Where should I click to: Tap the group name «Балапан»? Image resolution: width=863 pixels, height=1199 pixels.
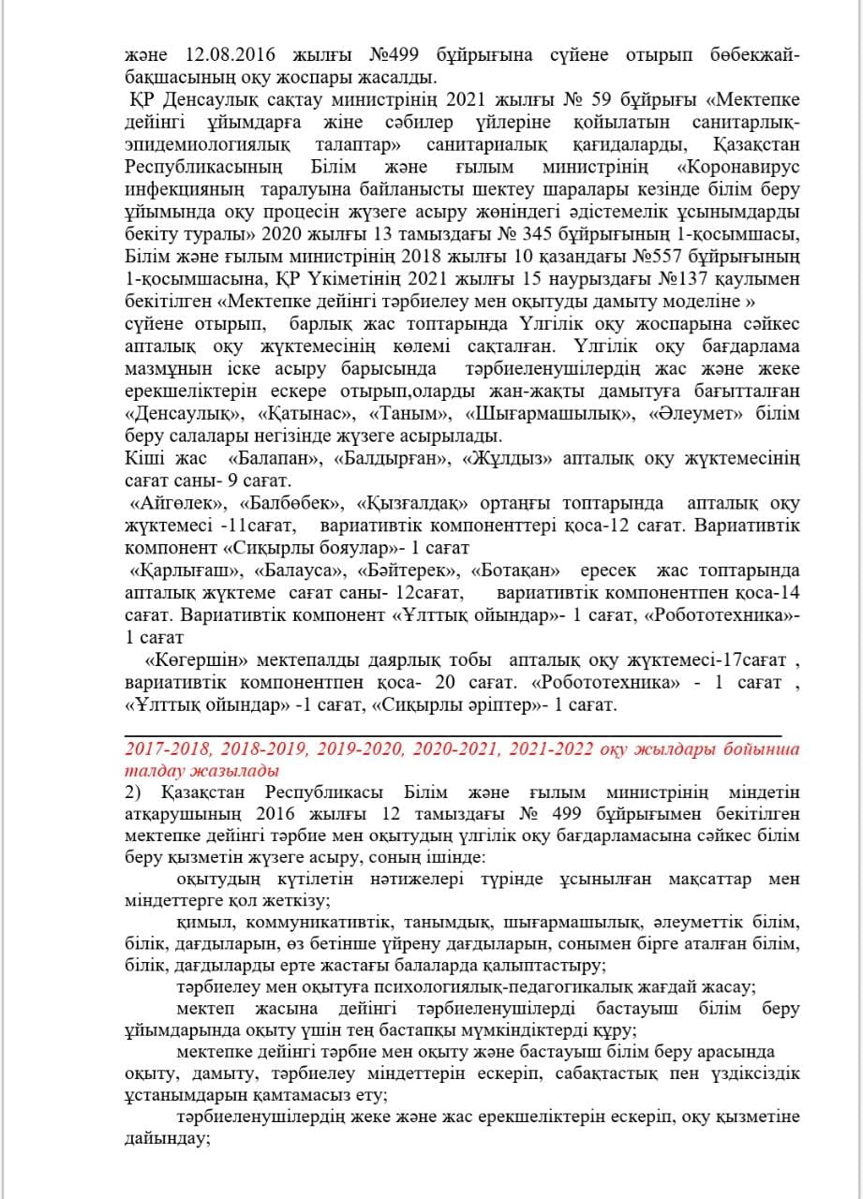pos(275,459)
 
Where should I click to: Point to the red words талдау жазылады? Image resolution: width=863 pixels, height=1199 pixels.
pos(201,771)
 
